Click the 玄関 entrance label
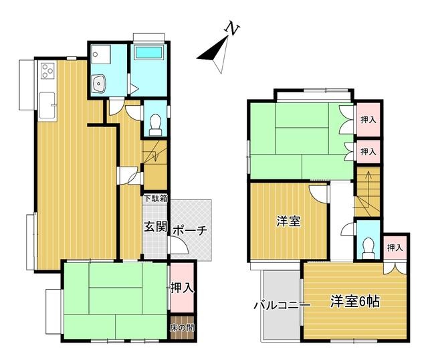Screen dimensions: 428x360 (155, 226)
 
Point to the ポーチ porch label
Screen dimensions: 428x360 (190, 230)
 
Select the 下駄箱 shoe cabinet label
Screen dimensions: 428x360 (156, 198)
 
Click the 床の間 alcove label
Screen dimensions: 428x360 (182, 328)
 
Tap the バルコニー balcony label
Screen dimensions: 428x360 (282, 304)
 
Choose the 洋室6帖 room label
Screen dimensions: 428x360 (355, 302)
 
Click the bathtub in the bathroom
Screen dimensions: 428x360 (148, 52)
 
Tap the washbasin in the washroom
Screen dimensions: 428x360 (98, 84)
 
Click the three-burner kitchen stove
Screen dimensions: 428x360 (47, 70)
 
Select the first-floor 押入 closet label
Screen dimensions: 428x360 (182, 287)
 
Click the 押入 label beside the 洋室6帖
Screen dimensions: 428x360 (395, 248)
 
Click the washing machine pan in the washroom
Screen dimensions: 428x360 (101, 54)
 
